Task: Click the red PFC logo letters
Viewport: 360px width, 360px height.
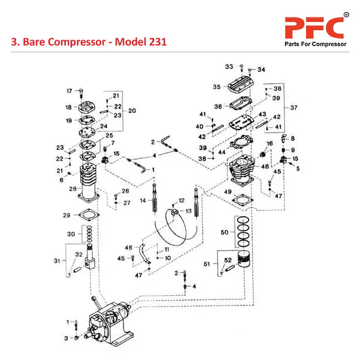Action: (x=313, y=28)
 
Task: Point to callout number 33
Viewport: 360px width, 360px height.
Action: (x=229, y=66)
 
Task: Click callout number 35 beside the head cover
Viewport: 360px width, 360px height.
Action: (x=217, y=87)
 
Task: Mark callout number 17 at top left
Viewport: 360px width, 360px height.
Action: (x=69, y=91)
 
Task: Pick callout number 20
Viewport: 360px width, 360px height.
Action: (x=132, y=110)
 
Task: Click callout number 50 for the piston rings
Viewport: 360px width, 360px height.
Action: (x=224, y=232)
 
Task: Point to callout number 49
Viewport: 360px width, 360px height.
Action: (x=228, y=191)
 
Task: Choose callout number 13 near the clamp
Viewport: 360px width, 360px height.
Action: (x=188, y=211)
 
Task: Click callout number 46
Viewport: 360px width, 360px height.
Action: (x=128, y=247)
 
